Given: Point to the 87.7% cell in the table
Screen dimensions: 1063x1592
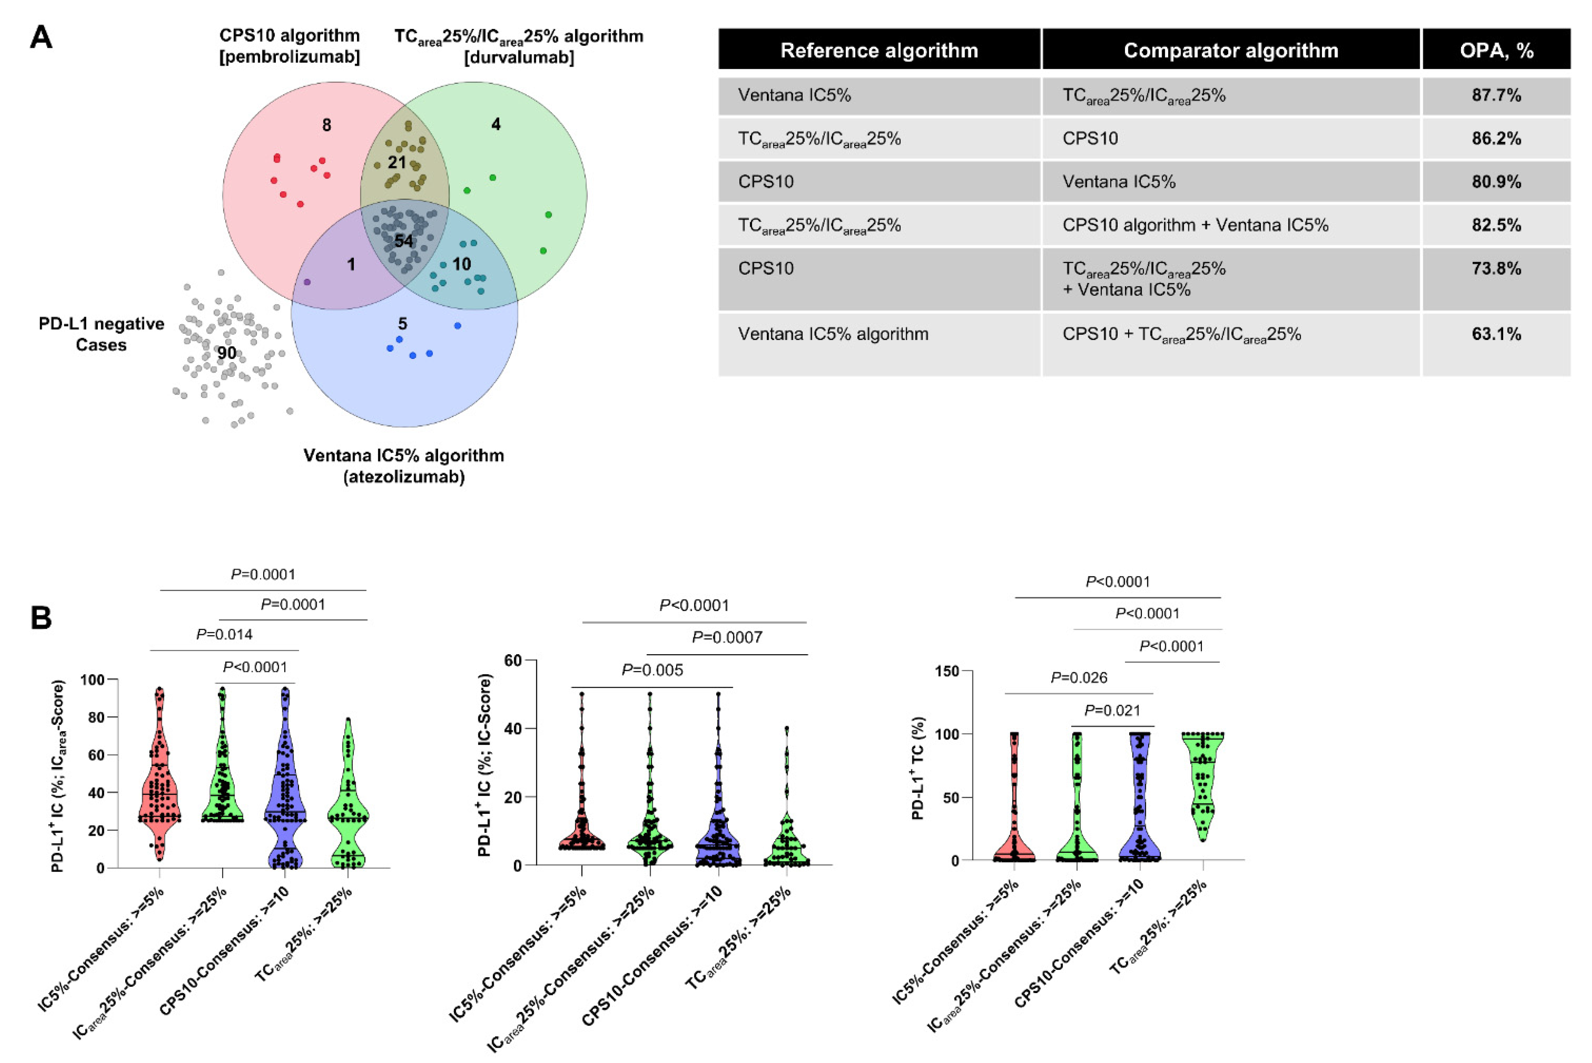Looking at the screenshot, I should click(x=1496, y=95).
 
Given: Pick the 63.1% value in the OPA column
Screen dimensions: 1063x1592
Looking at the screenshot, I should click(x=1496, y=334).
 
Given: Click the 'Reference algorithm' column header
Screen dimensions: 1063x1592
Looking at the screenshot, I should click(x=878, y=50).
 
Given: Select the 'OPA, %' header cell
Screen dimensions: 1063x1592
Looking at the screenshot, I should click(x=1496, y=50).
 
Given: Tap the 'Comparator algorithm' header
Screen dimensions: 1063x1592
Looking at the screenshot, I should click(x=1230, y=50).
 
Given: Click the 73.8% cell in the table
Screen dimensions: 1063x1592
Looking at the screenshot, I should click(x=1496, y=269).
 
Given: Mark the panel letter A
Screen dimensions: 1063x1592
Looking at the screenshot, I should click(x=41, y=37).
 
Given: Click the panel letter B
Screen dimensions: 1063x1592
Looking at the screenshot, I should click(x=41, y=617).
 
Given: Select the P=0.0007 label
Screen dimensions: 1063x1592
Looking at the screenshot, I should click(x=727, y=637).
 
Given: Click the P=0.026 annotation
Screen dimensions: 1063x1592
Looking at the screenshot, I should click(x=1078, y=678).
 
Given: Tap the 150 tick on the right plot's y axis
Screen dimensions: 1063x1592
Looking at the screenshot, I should click(x=946, y=671).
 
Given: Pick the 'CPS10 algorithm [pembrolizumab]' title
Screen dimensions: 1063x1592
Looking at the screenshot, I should click(x=289, y=46).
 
